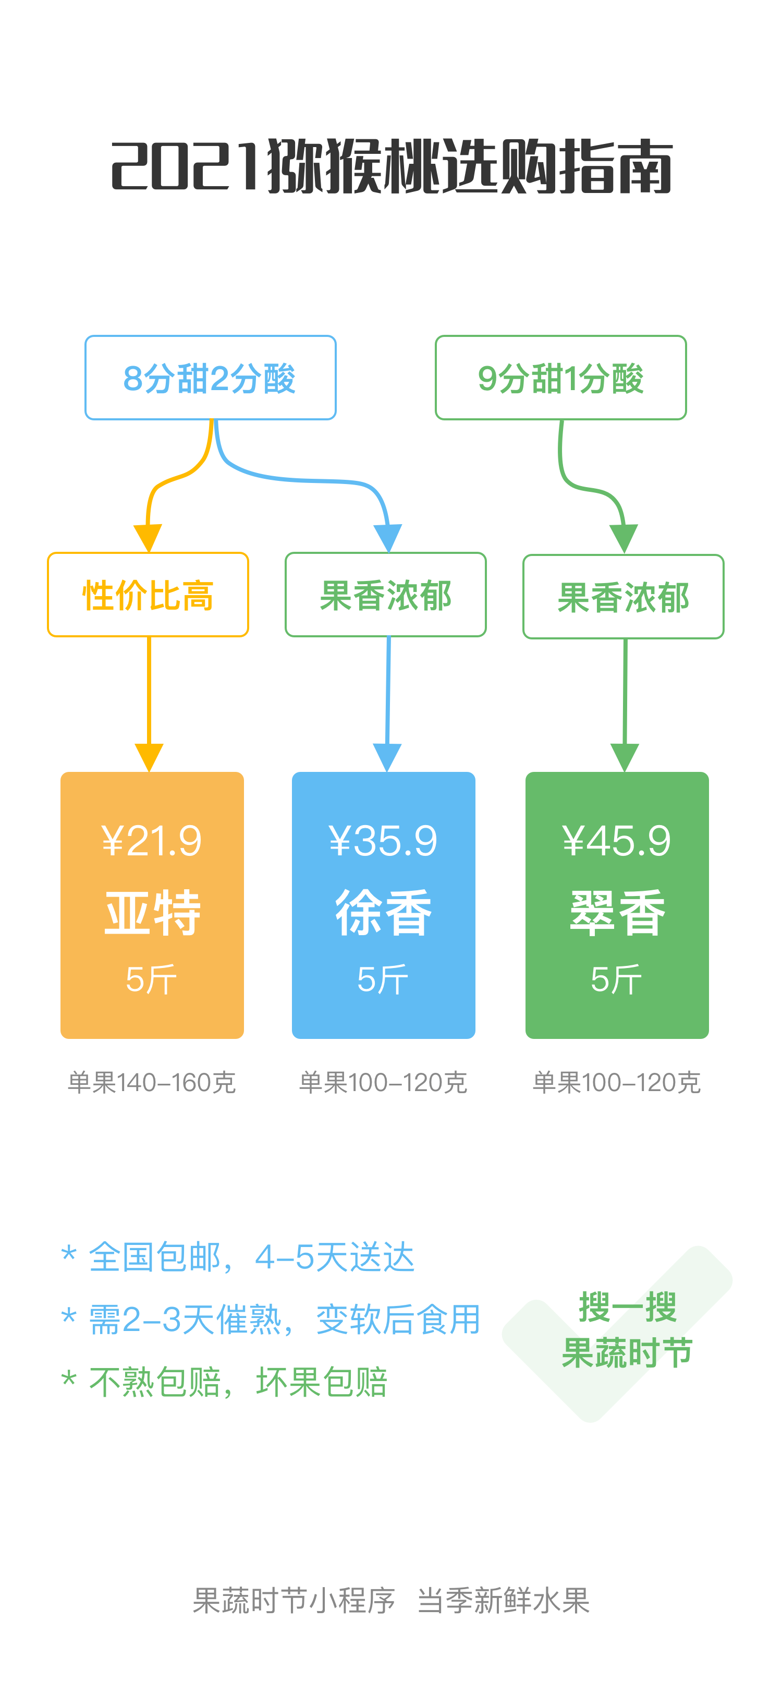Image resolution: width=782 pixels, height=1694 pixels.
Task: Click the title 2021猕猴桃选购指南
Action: click(x=392, y=166)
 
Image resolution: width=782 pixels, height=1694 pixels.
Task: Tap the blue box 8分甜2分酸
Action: click(x=210, y=378)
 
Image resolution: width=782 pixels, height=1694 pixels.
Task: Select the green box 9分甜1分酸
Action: click(x=560, y=378)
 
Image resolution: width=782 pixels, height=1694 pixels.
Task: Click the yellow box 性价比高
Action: click(x=148, y=595)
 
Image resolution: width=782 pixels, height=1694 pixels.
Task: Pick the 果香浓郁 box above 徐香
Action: click(x=386, y=595)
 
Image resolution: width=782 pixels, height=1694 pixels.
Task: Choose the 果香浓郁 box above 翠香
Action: click(x=623, y=597)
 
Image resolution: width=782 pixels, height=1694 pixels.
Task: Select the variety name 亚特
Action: click(x=152, y=913)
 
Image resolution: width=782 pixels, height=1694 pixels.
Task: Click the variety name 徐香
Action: click(x=383, y=913)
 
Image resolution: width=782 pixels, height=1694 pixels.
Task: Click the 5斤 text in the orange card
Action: click(x=152, y=980)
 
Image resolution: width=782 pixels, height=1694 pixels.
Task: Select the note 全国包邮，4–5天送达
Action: click(x=251, y=1257)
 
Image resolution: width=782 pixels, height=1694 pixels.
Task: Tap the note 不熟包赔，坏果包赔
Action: click(x=238, y=1382)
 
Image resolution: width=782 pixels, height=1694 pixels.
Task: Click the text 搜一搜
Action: click(x=627, y=1306)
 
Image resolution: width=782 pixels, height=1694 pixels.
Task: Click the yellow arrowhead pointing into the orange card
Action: click(x=149, y=758)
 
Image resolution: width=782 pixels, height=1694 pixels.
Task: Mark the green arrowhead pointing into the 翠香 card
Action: click(x=624, y=758)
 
